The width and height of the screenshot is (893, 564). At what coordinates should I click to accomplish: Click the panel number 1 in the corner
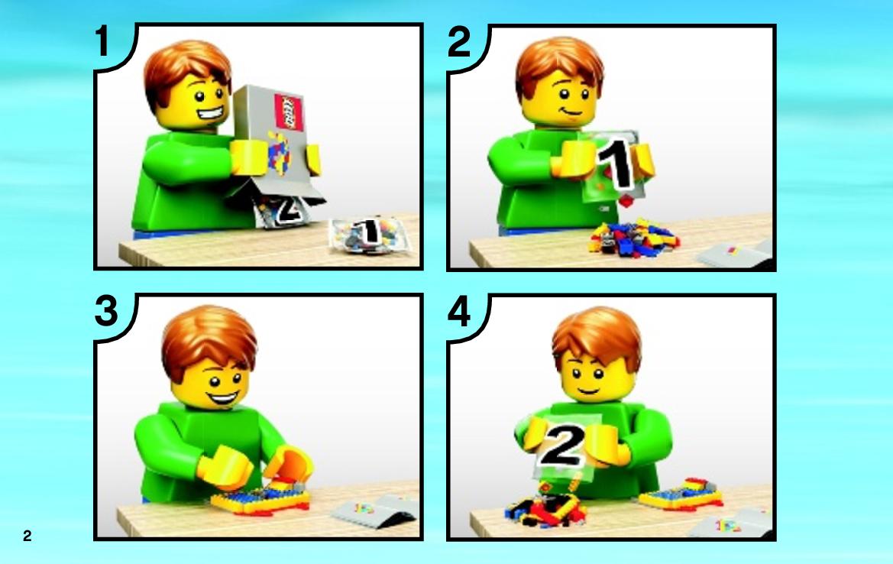coord(102,41)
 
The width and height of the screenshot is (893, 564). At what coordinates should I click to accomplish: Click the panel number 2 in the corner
coord(459,41)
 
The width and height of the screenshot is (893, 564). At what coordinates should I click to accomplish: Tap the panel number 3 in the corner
coord(106,312)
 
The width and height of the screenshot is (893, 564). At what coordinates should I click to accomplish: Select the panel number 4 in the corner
coord(460,313)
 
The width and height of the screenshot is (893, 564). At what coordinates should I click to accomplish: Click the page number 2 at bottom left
coord(28,535)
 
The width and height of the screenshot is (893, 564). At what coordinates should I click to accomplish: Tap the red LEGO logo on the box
coord(289,112)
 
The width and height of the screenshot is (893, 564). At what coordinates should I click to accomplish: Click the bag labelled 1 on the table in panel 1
coord(370,234)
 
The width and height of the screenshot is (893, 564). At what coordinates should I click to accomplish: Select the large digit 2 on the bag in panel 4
coord(563,446)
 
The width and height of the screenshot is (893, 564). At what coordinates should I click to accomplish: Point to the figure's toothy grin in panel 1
coord(209,114)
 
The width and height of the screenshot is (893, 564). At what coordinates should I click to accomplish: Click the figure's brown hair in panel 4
coord(596,336)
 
